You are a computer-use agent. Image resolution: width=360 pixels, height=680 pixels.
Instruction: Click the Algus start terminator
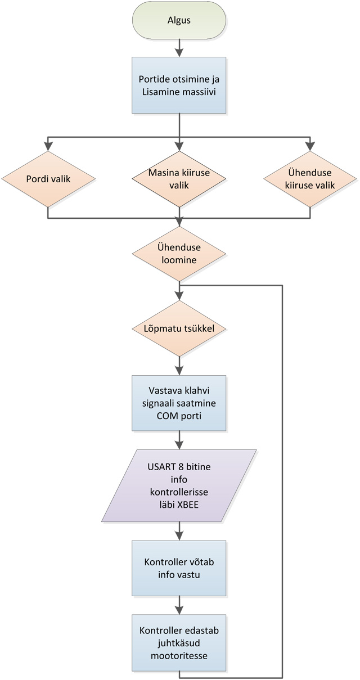pyautogui.click(x=179, y=20)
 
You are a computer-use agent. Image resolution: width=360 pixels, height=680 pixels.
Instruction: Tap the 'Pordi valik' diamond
pyautogui.click(x=48, y=179)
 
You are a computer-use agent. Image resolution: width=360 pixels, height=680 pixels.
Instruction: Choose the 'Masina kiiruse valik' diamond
pyautogui.click(x=179, y=179)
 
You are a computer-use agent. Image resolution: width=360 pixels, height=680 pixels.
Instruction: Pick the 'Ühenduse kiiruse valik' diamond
pyautogui.click(x=308, y=179)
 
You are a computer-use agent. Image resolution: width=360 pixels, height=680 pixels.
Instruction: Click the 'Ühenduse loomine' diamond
pyautogui.click(x=179, y=253)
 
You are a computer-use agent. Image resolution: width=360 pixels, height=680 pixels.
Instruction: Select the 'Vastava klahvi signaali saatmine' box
pyautogui.click(x=179, y=403)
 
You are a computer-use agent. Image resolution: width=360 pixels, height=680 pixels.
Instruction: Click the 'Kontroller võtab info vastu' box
pyautogui.click(x=179, y=568)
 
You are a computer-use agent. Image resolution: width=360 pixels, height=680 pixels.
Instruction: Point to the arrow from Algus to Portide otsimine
pyautogui.click(x=179, y=48)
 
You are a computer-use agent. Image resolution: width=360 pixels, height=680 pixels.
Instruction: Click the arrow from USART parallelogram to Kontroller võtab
pyautogui.click(x=179, y=530)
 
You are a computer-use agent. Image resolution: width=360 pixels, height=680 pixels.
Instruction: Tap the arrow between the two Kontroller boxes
pyautogui.click(x=179, y=605)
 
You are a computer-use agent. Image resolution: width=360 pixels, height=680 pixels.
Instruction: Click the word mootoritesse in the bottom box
pyautogui.click(x=179, y=655)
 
